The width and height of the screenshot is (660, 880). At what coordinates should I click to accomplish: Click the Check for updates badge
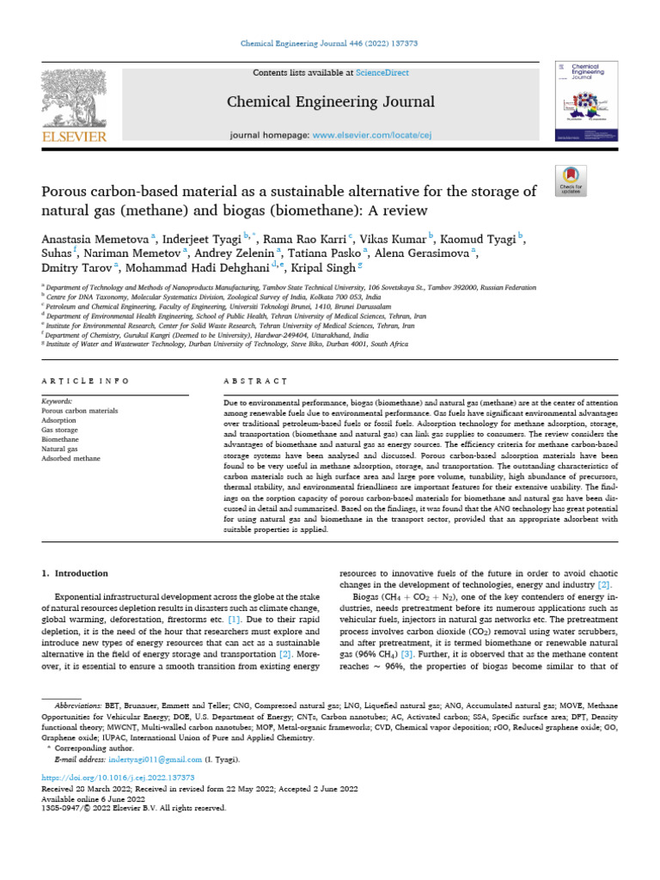(x=571, y=177)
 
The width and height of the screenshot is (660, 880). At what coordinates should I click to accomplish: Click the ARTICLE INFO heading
(x=86, y=380)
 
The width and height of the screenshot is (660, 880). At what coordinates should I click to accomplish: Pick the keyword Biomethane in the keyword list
(x=61, y=437)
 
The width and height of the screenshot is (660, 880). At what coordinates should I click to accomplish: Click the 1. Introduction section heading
(x=76, y=573)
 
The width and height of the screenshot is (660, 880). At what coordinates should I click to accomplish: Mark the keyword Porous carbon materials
(x=80, y=410)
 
